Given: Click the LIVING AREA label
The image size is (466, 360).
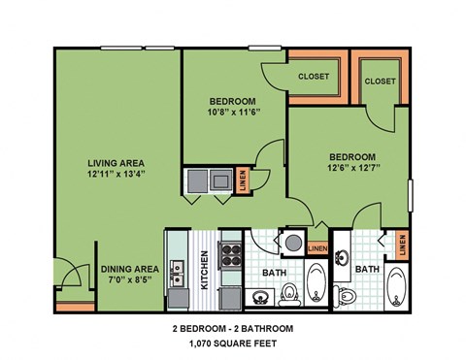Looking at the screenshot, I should pyautogui.click(x=117, y=162).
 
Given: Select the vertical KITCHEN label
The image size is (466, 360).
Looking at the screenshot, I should pyautogui.click(x=205, y=270).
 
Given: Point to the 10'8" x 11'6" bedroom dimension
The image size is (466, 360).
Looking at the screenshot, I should pyautogui.click(x=233, y=114).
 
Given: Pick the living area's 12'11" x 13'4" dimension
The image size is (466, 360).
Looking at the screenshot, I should pyautogui.click(x=117, y=175).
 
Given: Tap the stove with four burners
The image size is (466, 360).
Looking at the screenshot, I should pyautogui.click(x=232, y=254).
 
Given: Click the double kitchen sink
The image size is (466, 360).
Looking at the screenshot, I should pyautogui.click(x=178, y=266).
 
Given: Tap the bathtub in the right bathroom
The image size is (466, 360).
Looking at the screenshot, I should pyautogui.click(x=397, y=287).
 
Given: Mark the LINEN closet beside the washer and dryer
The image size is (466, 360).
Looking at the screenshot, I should pyautogui.click(x=241, y=180).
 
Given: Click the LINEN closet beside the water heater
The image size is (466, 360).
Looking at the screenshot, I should pyautogui.click(x=317, y=249).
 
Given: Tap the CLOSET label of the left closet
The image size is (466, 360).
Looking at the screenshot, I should pyautogui.click(x=313, y=76).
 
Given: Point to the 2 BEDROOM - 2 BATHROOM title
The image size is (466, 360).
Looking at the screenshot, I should pyautogui.click(x=232, y=329).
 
